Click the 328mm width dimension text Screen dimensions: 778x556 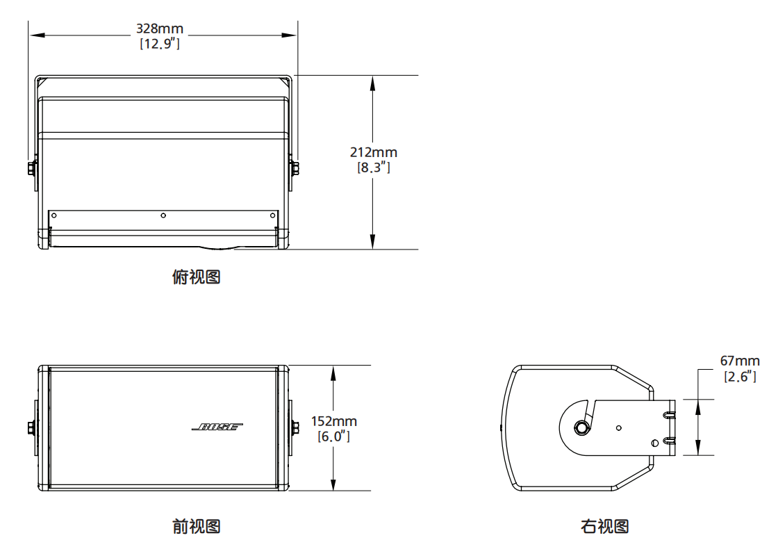[x=160, y=28]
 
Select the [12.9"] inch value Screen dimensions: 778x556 [x=160, y=44]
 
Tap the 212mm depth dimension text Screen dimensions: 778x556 [x=374, y=152]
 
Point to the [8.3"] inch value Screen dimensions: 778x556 [x=374, y=167]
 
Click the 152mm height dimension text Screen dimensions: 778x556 [x=334, y=421]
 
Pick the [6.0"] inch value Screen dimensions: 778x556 [x=334, y=436]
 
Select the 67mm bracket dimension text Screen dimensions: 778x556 [x=740, y=361]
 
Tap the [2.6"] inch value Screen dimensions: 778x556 [x=740, y=376]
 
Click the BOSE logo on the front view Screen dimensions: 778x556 [x=217, y=427]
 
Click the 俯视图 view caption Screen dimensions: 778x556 [x=197, y=277]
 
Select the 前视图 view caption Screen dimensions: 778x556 [x=197, y=526]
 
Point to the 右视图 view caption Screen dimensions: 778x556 [x=605, y=526]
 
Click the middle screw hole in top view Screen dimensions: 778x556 [x=163, y=215]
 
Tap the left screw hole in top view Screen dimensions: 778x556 [x=54, y=215]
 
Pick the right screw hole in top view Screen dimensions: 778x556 [x=272, y=215]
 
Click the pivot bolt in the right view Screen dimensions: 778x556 [x=581, y=427]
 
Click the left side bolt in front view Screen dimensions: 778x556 [x=32, y=427]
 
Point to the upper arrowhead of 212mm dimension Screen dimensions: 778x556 [x=372, y=84]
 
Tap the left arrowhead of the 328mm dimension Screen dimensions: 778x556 [x=38, y=35]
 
